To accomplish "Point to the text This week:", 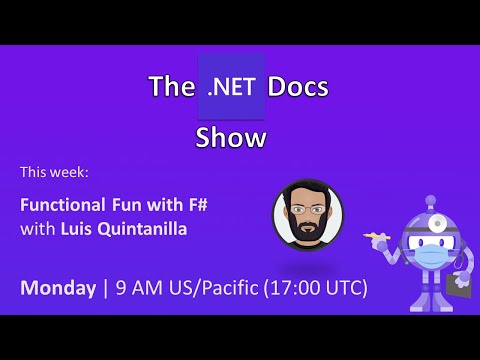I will coord(54,172).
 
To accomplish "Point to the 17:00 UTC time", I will coord(319,288).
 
